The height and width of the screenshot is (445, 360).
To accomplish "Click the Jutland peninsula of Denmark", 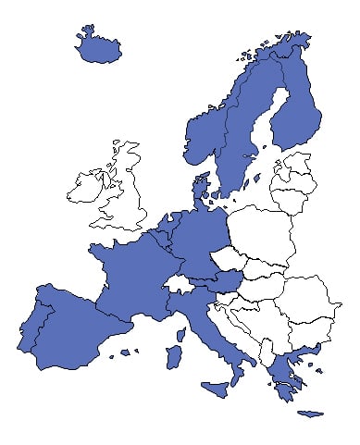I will pyautogui.click(x=200, y=190).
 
